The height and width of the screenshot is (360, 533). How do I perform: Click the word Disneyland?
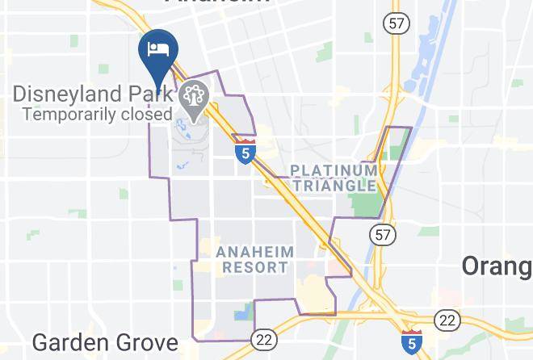click(66, 94)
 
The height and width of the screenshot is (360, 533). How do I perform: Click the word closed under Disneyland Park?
click(149, 114)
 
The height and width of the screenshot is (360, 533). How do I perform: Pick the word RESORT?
click(254, 267)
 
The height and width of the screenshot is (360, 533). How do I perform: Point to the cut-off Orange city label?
click(497, 266)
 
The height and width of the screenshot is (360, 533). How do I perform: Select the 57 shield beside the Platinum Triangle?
click(381, 235)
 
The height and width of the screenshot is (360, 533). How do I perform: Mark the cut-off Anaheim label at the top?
click(218, 3)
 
